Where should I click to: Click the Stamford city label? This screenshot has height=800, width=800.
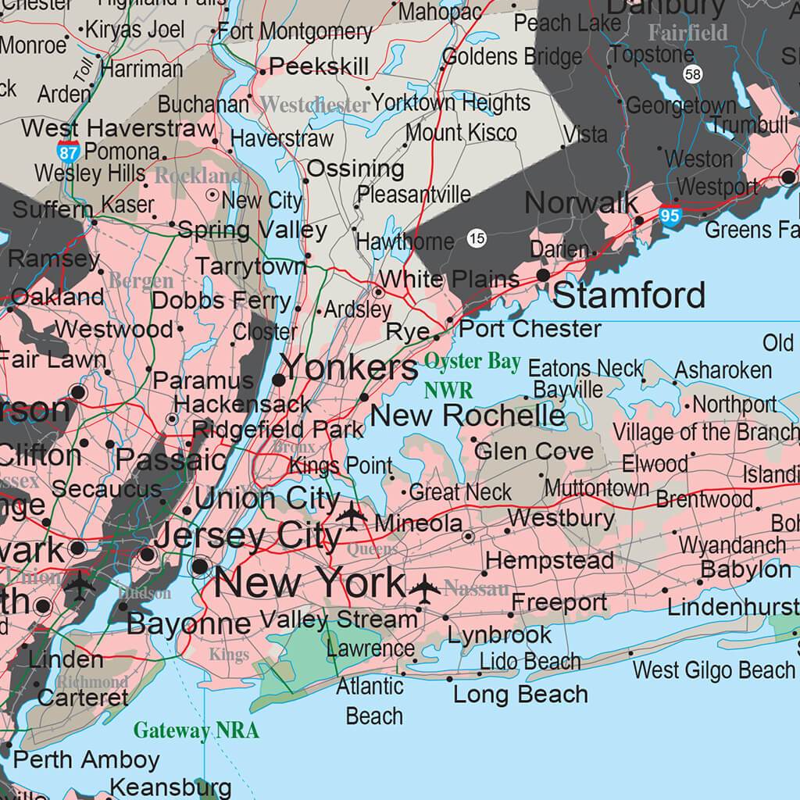[629, 296]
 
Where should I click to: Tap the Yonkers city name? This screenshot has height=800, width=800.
[349, 367]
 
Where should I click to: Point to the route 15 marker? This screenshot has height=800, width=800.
[477, 239]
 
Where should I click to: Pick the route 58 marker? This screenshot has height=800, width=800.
[691, 74]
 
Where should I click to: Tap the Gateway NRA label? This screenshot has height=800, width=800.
[195, 730]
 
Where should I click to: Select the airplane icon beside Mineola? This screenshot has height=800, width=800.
[352, 515]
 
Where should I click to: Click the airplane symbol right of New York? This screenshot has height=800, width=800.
[424, 588]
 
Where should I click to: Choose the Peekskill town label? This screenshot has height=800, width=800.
[319, 66]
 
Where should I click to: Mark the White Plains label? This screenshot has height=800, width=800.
[449, 279]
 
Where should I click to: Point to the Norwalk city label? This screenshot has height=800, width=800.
[581, 203]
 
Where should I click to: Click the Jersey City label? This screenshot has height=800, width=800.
[248, 537]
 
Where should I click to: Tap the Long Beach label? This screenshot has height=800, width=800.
[520, 695]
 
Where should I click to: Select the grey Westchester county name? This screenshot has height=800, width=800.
[315, 105]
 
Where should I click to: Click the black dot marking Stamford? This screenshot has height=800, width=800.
[543, 275]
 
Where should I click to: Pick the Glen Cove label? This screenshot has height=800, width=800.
[534, 451]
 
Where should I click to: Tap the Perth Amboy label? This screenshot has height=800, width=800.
[86, 759]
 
